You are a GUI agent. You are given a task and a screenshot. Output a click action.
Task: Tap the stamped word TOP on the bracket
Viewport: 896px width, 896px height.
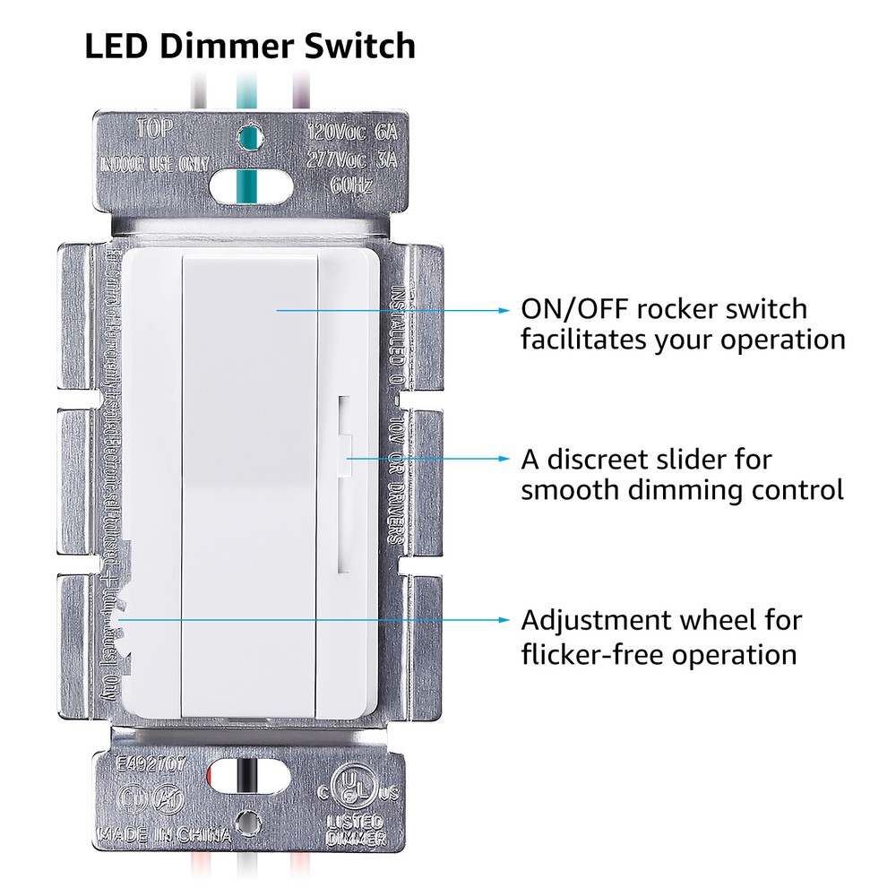[153, 128]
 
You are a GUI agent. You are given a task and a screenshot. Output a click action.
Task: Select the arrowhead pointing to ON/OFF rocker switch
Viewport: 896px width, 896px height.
[504, 310]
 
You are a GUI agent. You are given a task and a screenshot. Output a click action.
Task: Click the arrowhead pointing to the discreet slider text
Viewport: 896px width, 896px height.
[504, 460]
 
